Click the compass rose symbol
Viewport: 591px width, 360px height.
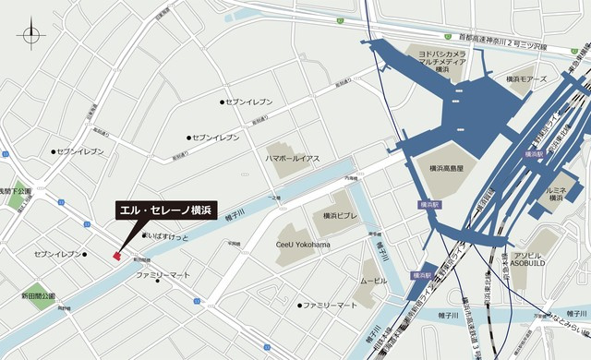point(30,37)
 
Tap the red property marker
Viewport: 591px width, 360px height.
point(116,256)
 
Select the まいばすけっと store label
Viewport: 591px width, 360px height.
point(168,236)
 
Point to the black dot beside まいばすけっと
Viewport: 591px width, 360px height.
point(145,236)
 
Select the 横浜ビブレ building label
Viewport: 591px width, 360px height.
point(341,215)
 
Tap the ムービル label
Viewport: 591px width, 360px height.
point(374,279)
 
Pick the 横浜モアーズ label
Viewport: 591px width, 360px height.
point(527,80)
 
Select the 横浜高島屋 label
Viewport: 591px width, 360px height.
point(452,168)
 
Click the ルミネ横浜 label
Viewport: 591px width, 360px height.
point(563,193)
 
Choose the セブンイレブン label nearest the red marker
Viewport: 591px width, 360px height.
point(58,253)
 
